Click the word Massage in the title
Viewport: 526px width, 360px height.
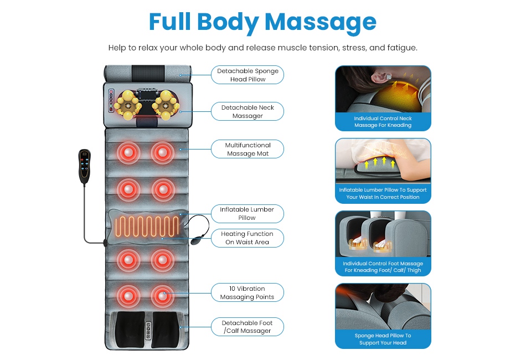(x=321, y=22)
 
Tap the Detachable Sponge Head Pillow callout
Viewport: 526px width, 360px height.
(x=247, y=75)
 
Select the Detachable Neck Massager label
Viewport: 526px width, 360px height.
(x=247, y=112)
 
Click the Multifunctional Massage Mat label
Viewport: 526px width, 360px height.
(x=247, y=150)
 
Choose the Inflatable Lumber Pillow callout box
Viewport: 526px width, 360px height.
(x=247, y=214)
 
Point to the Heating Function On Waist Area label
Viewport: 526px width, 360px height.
(x=247, y=238)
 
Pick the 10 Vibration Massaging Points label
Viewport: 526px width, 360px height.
(x=247, y=293)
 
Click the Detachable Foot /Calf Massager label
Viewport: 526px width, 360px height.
(x=247, y=327)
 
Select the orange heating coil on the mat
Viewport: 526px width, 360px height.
(x=147, y=226)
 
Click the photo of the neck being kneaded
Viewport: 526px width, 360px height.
(x=383, y=89)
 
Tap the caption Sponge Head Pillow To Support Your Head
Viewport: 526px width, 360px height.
(x=383, y=339)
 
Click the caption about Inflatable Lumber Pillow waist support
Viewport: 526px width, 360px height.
(x=383, y=193)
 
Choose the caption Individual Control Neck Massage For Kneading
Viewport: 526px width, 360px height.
(x=383, y=122)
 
